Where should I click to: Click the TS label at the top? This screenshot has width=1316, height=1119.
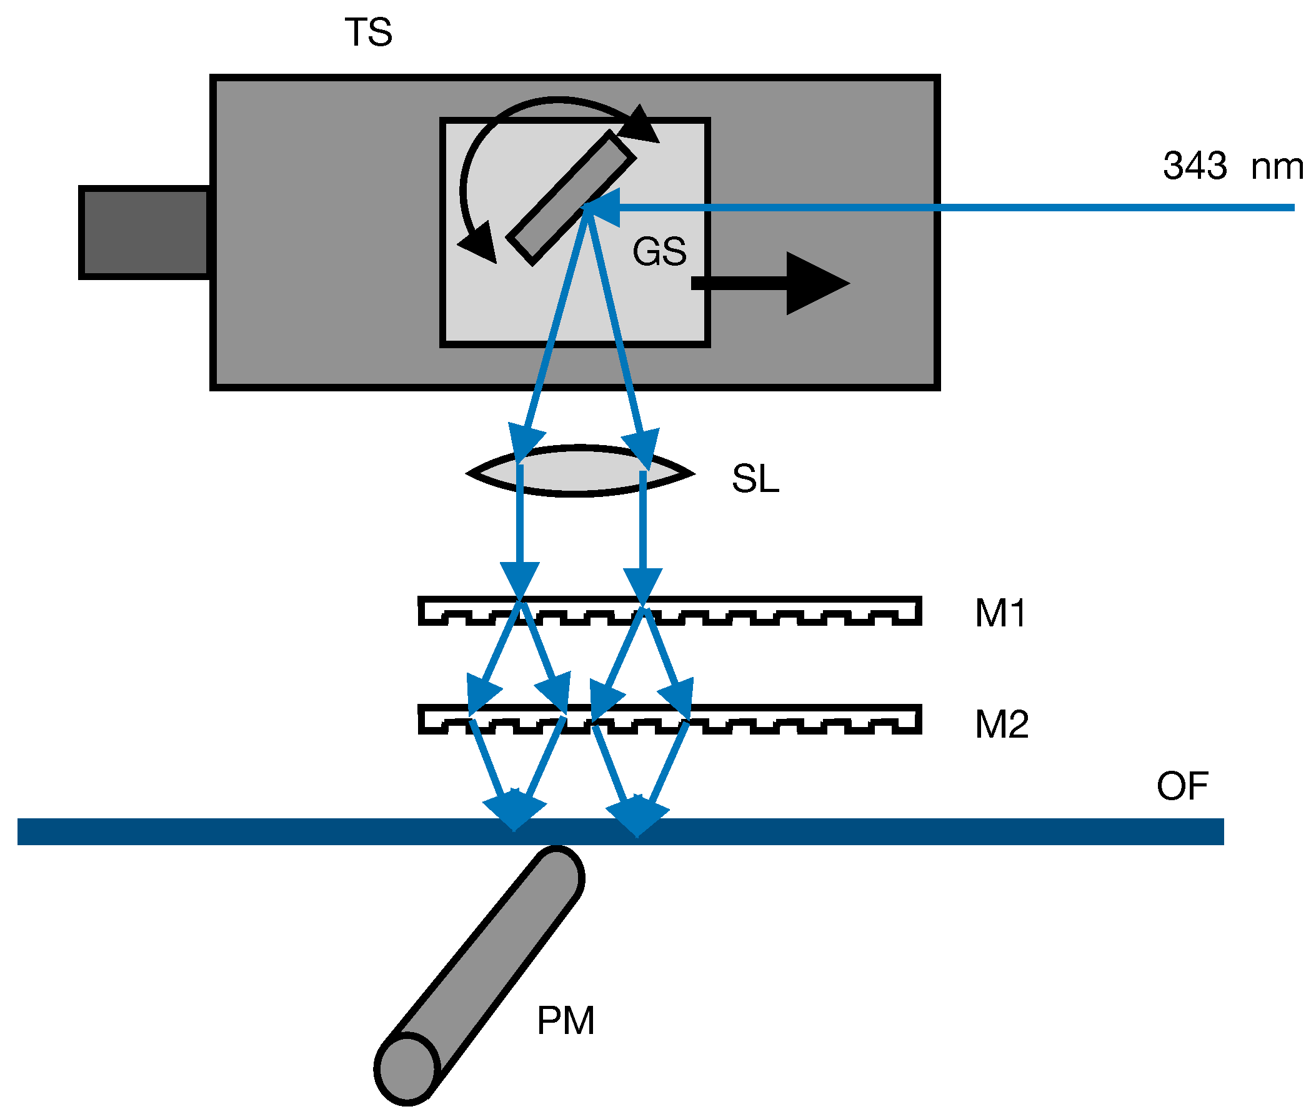click(367, 33)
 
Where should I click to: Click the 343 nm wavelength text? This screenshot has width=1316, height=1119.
click(1232, 166)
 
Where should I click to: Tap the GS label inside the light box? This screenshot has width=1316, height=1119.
click(659, 251)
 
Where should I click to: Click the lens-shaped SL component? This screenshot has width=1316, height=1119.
click(581, 471)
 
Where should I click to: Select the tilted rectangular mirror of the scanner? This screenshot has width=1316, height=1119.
click(570, 198)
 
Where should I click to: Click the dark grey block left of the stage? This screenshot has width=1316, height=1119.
click(144, 232)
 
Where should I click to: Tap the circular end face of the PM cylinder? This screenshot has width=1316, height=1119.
click(407, 1069)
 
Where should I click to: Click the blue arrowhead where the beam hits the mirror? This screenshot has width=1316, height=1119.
click(602, 207)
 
